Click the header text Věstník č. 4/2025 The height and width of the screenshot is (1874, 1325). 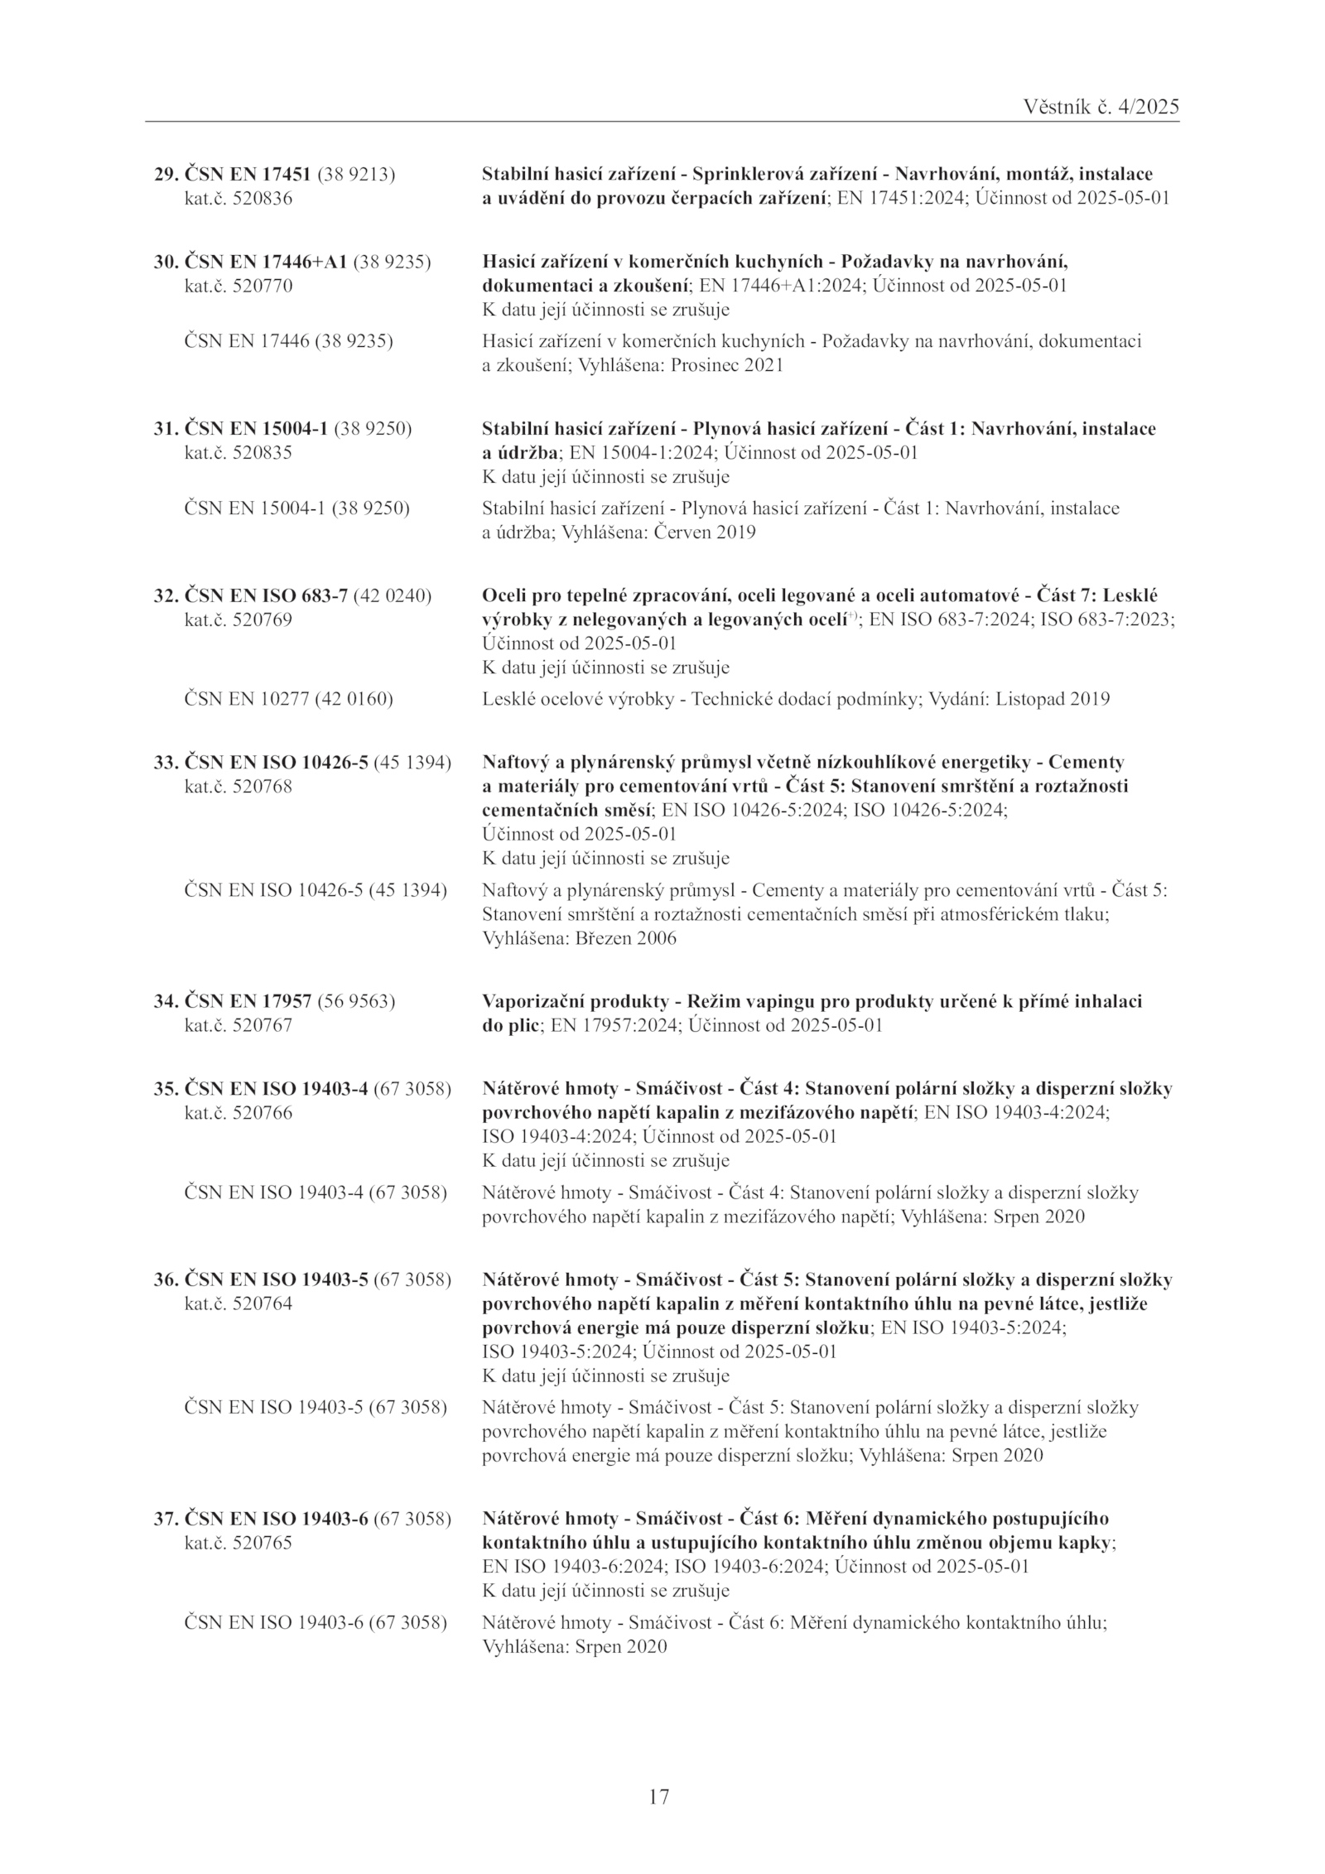click(x=1101, y=107)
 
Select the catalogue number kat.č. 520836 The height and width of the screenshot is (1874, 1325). click(x=238, y=199)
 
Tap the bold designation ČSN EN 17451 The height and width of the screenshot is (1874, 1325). click(x=247, y=175)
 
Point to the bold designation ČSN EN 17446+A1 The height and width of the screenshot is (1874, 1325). click(x=266, y=262)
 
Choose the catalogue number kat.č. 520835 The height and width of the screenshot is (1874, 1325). click(x=238, y=453)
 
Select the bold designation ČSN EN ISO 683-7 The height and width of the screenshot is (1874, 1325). click(x=266, y=595)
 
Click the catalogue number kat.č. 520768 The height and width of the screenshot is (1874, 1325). click(x=238, y=786)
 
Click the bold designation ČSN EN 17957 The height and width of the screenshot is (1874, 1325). click(x=247, y=1001)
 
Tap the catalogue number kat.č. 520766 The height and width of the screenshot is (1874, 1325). click(x=238, y=1113)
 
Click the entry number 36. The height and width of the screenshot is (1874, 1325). click(x=164, y=1279)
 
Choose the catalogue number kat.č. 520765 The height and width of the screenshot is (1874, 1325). click(x=238, y=1544)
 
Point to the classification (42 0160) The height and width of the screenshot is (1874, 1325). click(x=354, y=699)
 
